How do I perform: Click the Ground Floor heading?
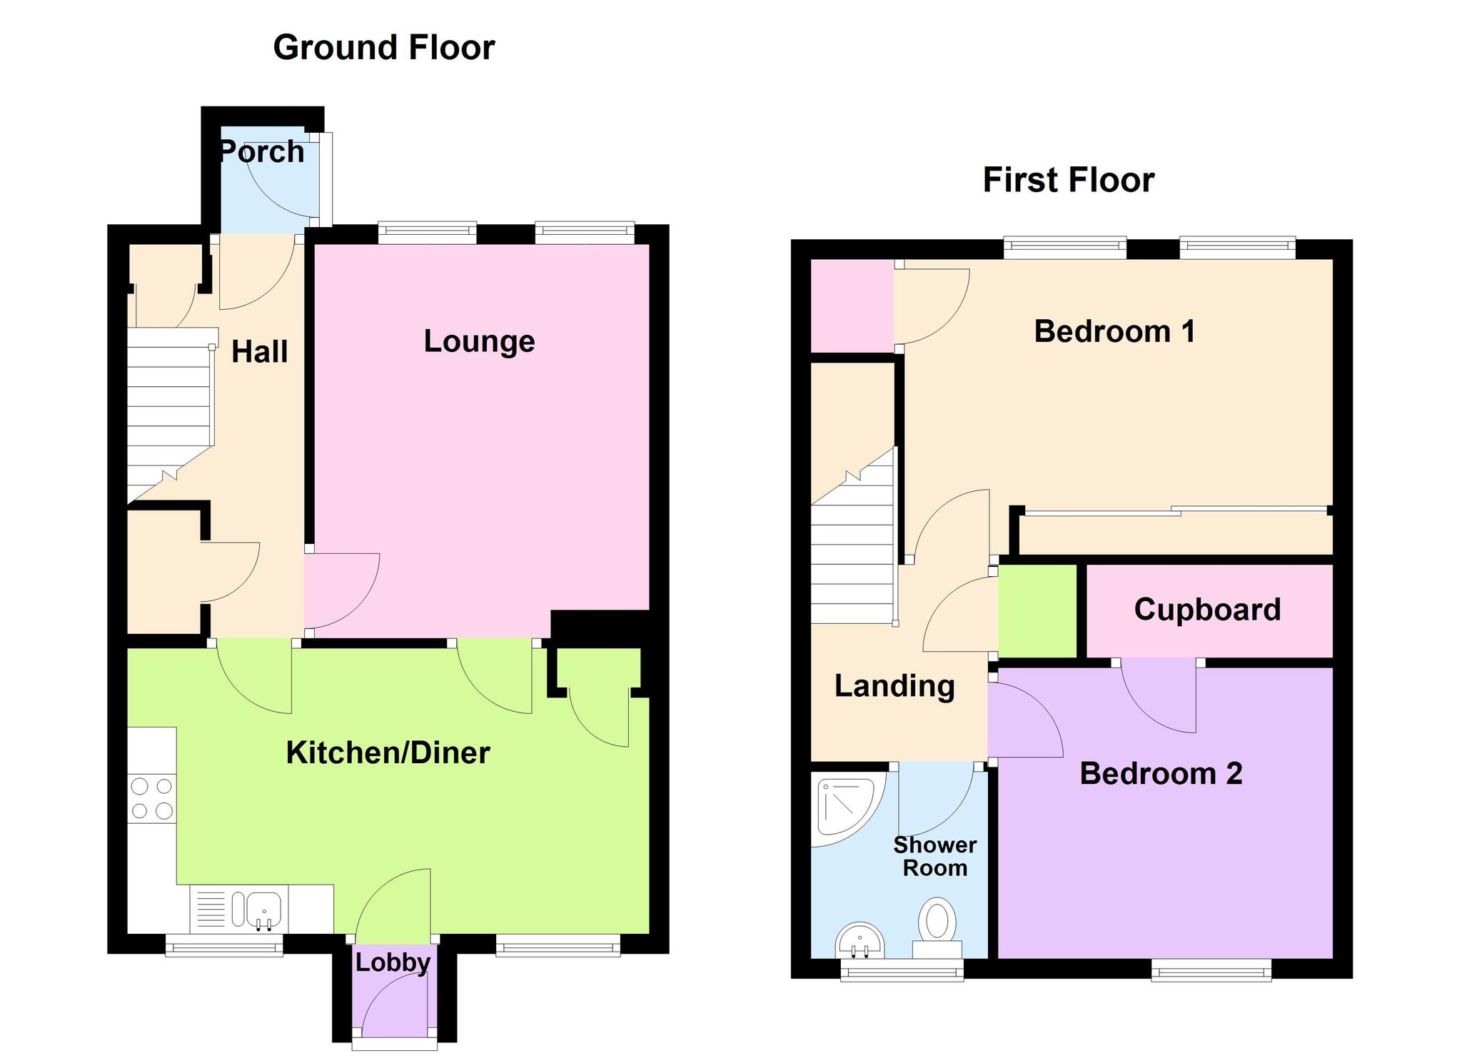point(384,48)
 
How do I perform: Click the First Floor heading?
point(1069,180)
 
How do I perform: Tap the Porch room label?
point(261,152)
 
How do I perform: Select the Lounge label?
point(479,341)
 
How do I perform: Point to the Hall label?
point(260,352)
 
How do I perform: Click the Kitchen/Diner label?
point(388,752)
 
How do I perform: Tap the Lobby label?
point(393,963)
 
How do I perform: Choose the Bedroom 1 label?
point(1114,331)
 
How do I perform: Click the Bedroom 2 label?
point(1161,774)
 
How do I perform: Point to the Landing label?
point(894,686)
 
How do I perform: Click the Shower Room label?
point(935,857)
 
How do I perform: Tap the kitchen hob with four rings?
point(152,799)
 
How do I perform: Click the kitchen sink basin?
point(265,910)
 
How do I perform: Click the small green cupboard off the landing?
point(1037,611)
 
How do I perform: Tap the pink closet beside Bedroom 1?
point(852,306)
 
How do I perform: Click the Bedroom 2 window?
point(1211,970)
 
